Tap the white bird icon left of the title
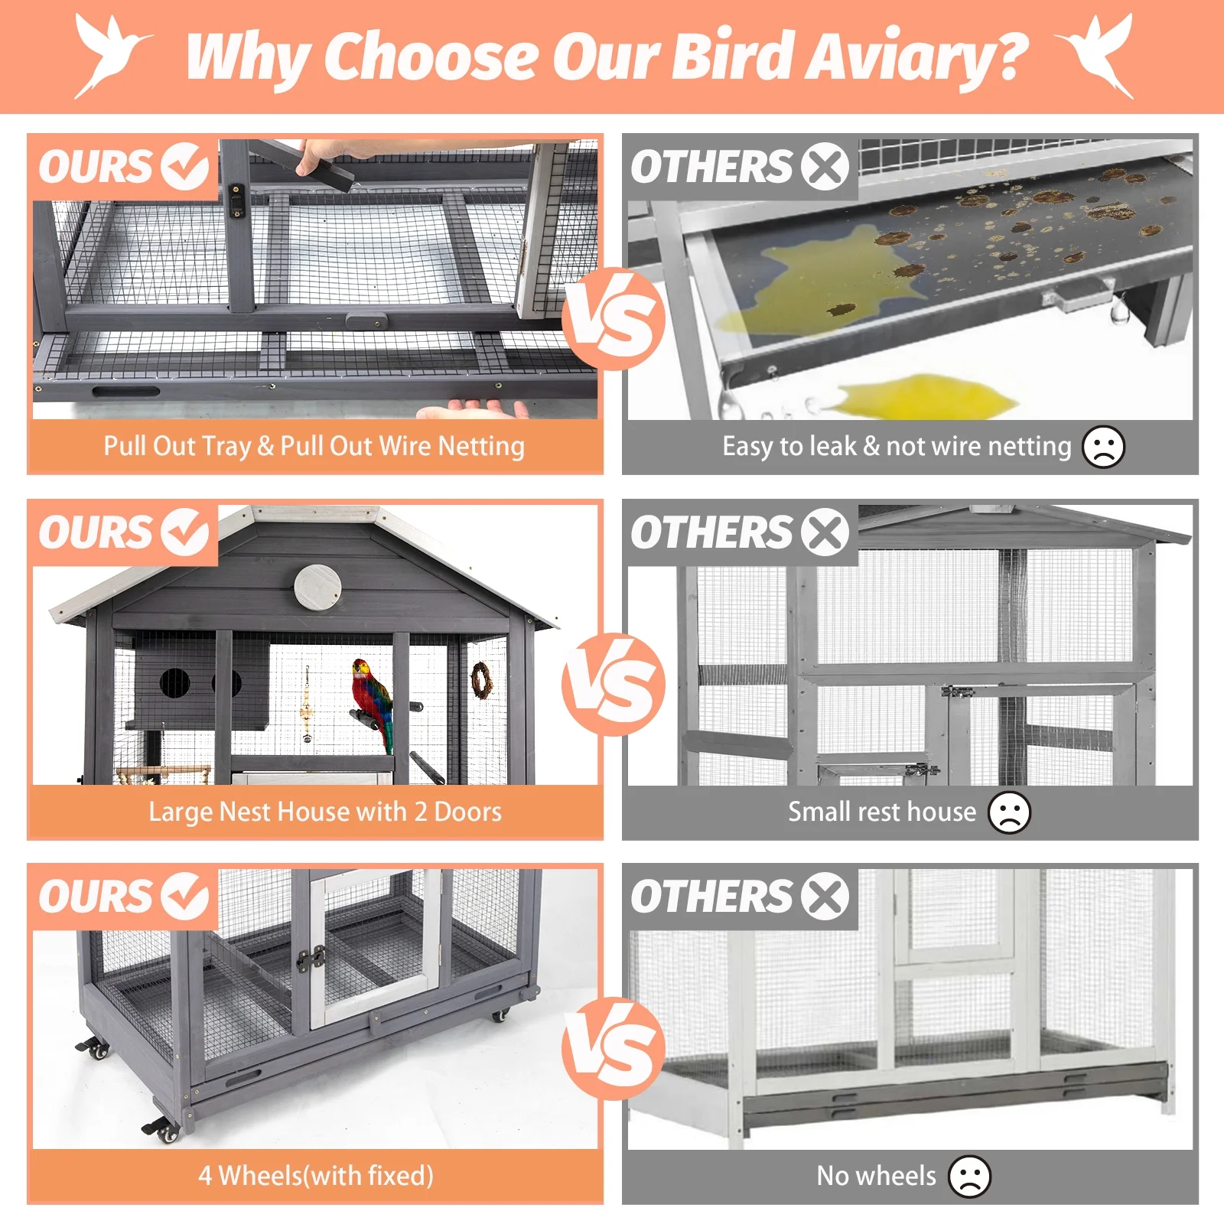click(113, 56)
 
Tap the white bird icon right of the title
click(1095, 56)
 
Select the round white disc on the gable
click(317, 588)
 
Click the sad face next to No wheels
click(969, 1176)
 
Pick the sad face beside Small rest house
click(1009, 812)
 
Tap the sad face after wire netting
click(1103, 446)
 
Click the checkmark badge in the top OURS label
click(184, 167)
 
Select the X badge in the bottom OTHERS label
click(825, 896)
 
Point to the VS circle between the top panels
click(614, 319)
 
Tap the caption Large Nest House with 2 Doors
click(325, 812)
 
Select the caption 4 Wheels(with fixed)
click(316, 1176)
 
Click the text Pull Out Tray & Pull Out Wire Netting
click(314, 446)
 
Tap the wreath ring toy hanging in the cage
click(481, 680)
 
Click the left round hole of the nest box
click(175, 682)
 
